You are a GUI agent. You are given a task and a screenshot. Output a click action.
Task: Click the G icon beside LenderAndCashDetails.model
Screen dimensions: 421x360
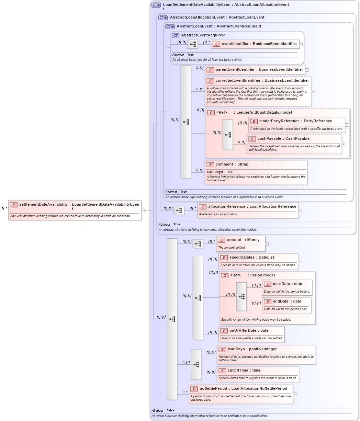tap(211, 113)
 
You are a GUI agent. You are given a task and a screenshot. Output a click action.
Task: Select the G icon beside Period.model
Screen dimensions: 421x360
tap(225, 275)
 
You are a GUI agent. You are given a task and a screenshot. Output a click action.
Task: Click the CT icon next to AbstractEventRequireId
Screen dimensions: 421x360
tap(176, 35)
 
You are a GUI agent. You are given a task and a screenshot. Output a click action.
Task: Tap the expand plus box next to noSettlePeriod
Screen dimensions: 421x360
tap(294, 394)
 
